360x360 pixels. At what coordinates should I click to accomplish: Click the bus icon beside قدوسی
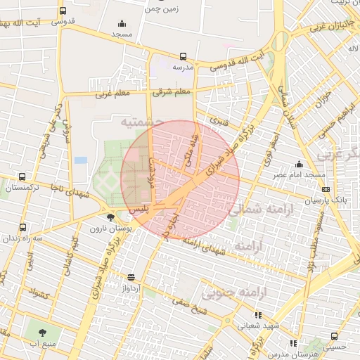tap(63, 11)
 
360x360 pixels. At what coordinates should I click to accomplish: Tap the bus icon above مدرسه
tap(183, 56)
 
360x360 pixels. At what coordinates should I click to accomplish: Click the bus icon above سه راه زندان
tap(22, 228)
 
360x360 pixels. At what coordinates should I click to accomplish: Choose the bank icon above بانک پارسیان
tap(326, 188)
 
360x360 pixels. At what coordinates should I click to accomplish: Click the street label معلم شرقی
tap(173, 91)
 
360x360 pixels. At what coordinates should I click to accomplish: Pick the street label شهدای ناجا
tap(70, 190)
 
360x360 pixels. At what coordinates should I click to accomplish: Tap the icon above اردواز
tap(130, 277)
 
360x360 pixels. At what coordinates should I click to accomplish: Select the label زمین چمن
tap(162, 9)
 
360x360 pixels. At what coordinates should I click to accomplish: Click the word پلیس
tap(140, 209)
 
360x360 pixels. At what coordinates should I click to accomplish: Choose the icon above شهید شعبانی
tap(258, 315)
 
